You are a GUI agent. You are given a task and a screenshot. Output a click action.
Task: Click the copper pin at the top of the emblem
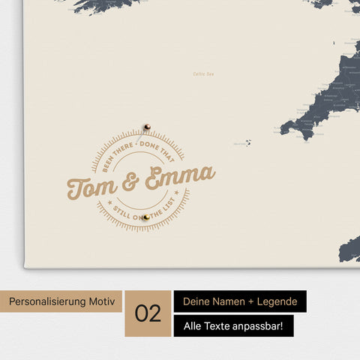(148, 127)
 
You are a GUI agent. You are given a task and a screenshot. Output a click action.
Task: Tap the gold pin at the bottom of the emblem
(147, 217)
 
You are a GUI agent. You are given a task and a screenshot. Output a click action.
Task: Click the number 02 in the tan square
(148, 313)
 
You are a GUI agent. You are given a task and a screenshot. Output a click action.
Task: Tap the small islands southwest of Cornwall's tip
(247, 142)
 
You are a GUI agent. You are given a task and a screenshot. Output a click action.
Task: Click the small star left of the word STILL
(111, 201)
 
